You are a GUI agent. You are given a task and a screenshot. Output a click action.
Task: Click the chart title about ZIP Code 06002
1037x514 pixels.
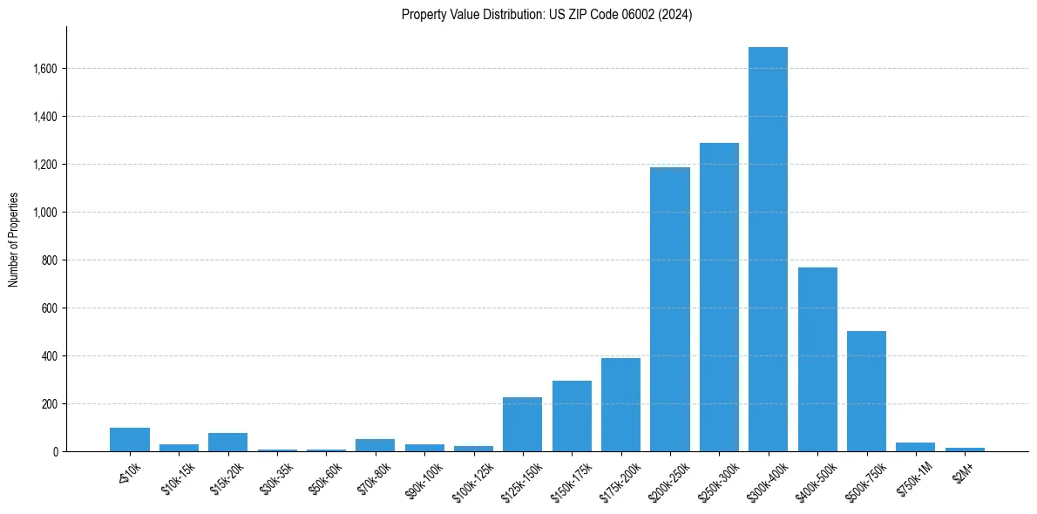546,15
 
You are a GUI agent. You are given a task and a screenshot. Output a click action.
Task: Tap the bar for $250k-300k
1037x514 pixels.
719,297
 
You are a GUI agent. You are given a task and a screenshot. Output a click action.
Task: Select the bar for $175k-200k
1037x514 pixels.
620,404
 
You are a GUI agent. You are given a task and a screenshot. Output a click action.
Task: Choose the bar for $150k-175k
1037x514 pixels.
572,416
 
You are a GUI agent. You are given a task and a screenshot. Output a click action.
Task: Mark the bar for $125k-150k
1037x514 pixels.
522,424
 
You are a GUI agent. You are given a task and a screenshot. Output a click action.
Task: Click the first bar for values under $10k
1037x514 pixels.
130,439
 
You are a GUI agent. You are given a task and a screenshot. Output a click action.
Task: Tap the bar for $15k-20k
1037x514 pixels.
227,442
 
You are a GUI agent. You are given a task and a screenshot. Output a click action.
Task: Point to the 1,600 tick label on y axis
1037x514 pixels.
45,69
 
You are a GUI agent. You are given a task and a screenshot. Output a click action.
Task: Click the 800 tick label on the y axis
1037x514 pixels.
51,260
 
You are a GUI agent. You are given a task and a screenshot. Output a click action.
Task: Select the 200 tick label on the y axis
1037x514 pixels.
51,404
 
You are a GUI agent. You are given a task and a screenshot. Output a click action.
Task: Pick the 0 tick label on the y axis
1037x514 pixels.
56,452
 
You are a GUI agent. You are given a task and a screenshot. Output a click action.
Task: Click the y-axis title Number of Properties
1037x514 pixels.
14,240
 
